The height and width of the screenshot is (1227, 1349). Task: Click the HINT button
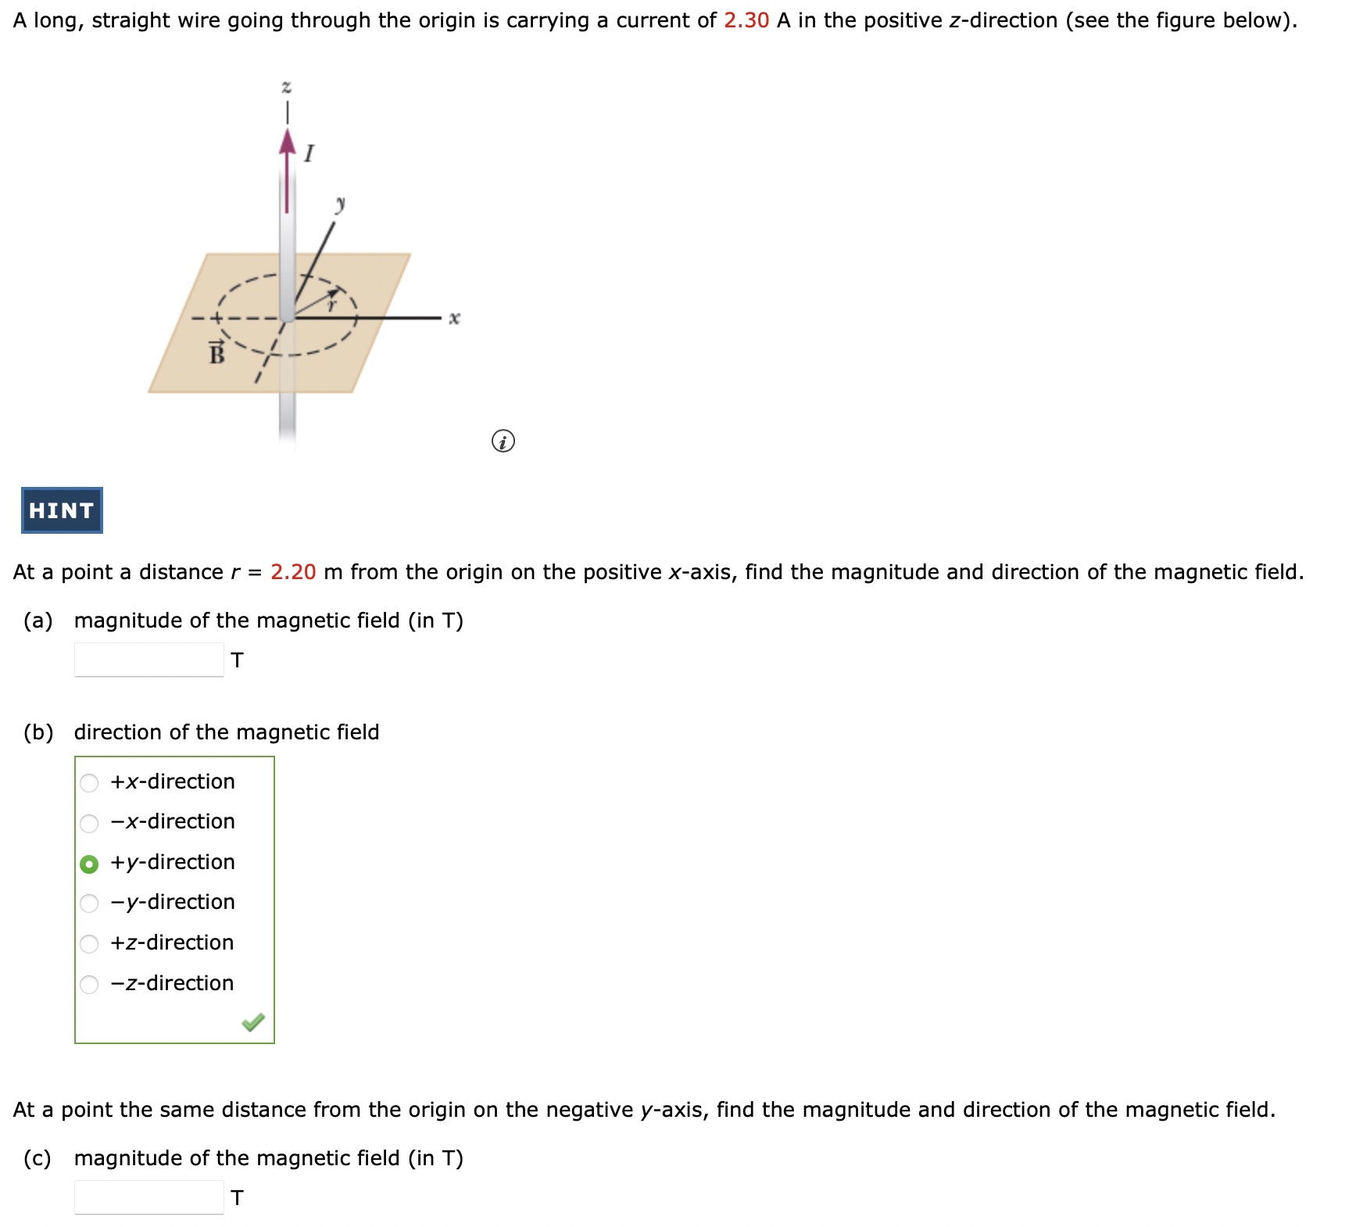pos(62,510)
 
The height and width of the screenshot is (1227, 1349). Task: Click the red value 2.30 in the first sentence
pos(746,20)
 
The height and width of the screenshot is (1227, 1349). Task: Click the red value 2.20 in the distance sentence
pos(293,572)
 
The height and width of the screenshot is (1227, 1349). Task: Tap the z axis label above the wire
pos(287,86)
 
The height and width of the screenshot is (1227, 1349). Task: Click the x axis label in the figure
pos(454,318)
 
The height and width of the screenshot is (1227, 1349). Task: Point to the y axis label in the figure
pos(340,205)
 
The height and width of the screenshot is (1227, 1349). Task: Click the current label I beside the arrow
pos(310,153)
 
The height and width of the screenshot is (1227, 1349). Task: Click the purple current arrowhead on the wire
pos(288,142)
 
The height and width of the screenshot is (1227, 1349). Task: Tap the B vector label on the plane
pos(216,353)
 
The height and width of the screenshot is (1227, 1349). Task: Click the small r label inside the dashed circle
pos(331,306)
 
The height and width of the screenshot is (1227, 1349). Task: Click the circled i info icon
pos(503,442)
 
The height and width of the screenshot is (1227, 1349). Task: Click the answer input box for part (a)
pos(149,660)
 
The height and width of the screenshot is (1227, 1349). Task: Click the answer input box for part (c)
pos(149,1197)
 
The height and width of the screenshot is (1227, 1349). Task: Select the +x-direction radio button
pos(90,782)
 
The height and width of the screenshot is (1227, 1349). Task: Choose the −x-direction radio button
pos(90,823)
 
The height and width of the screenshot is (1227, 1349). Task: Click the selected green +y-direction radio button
pos(90,864)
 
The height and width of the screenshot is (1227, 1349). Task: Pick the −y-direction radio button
pos(90,903)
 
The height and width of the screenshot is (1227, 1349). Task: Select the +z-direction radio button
pos(90,944)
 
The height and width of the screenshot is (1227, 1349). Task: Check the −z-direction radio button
pos(90,984)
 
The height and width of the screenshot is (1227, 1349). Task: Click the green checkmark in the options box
pos(253,1022)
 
